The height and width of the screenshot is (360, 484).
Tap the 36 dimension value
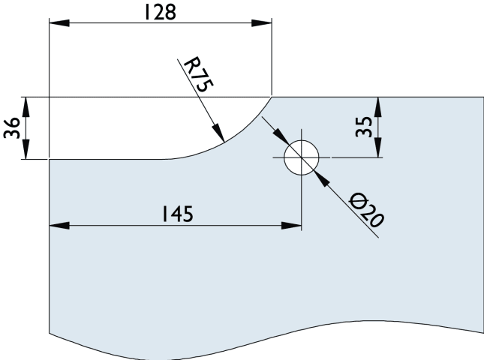click(x=11, y=127)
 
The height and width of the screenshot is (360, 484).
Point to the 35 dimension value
click(x=364, y=126)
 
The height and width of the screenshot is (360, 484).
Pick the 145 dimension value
click(x=176, y=214)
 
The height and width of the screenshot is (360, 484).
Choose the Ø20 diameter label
click(x=367, y=210)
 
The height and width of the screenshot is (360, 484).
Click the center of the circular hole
click(x=302, y=157)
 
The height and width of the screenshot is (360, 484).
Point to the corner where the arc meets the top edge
click(x=271, y=96)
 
